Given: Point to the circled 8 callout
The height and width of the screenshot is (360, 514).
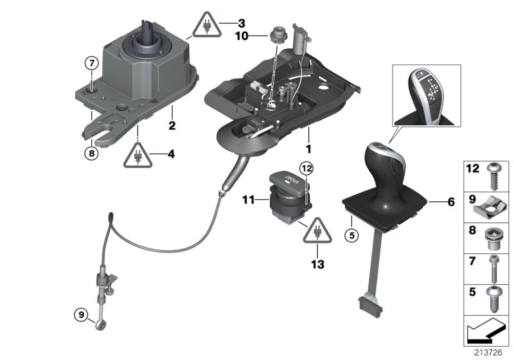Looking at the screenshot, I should (x=92, y=153).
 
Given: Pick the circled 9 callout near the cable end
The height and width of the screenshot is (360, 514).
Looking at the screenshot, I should (x=80, y=315).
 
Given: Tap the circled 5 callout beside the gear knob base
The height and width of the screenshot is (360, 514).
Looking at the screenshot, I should (x=351, y=235).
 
